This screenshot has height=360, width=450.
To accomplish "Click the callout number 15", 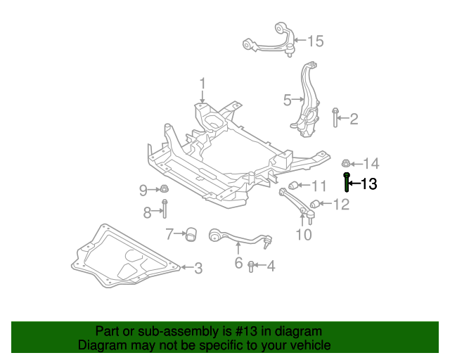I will coord(314,41).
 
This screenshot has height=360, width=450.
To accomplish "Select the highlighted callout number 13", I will coord(368,185).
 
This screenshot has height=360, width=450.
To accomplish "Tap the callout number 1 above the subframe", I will coord(202,84).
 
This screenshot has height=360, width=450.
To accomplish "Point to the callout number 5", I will coord(287,101).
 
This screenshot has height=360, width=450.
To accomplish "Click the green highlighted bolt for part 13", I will coord(347,182).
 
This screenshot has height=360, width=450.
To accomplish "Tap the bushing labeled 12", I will coord(315,204).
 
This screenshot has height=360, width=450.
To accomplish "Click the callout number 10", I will coord(303,235).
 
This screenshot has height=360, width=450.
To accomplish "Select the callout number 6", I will coord(238,263).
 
